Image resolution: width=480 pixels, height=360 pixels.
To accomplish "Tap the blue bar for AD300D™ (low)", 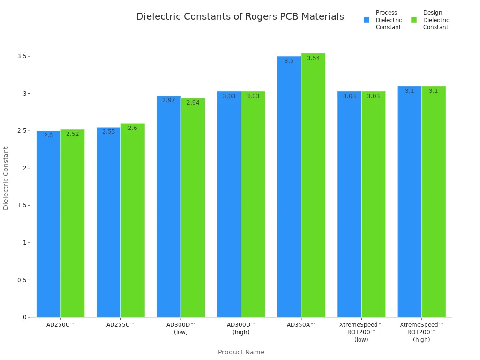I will (169, 206).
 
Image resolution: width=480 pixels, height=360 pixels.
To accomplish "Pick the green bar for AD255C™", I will (133, 220).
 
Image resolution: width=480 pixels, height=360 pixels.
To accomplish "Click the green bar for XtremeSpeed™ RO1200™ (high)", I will (434, 202).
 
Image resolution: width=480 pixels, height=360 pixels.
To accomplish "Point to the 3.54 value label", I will (313, 58).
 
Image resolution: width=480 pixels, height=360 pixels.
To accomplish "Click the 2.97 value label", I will (169, 100).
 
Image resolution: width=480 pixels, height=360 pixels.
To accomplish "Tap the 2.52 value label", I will (72, 134).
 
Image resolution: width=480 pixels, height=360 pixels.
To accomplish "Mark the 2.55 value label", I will (109, 132).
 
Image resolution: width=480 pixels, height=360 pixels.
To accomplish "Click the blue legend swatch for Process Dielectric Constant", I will (367, 20).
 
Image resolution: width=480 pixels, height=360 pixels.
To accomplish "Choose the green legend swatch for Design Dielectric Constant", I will (414, 20).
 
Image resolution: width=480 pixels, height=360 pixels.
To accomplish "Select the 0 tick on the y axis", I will (24, 317).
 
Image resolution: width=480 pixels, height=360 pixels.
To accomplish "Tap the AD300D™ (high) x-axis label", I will (241, 328).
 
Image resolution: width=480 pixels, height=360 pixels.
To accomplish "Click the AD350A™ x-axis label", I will (301, 324).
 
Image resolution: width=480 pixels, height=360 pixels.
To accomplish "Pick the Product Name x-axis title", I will (241, 352).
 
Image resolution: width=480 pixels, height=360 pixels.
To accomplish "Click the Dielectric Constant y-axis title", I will (6, 178).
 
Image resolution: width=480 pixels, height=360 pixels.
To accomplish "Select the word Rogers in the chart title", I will (261, 17).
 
